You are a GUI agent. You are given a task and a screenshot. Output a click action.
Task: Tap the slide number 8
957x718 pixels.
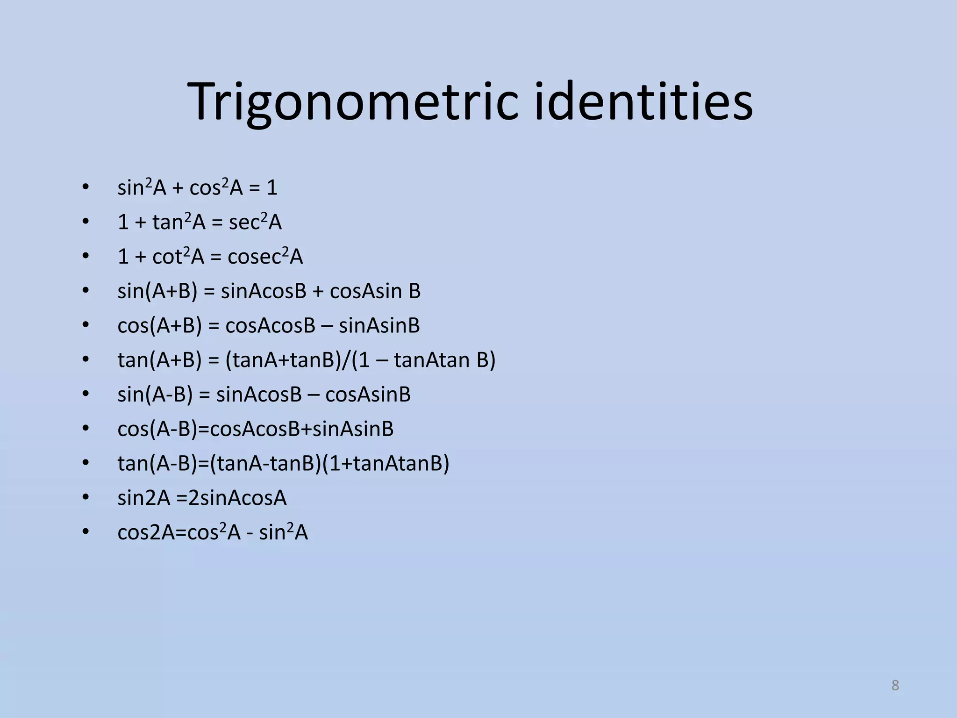click(895, 685)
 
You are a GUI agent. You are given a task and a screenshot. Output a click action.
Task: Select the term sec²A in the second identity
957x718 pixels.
click(255, 222)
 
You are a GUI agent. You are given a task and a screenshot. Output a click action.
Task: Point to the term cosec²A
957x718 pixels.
click(265, 257)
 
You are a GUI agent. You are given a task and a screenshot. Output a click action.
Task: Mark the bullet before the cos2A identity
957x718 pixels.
click(85, 532)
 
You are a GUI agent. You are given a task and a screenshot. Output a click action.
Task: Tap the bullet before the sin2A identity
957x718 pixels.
click(85, 497)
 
